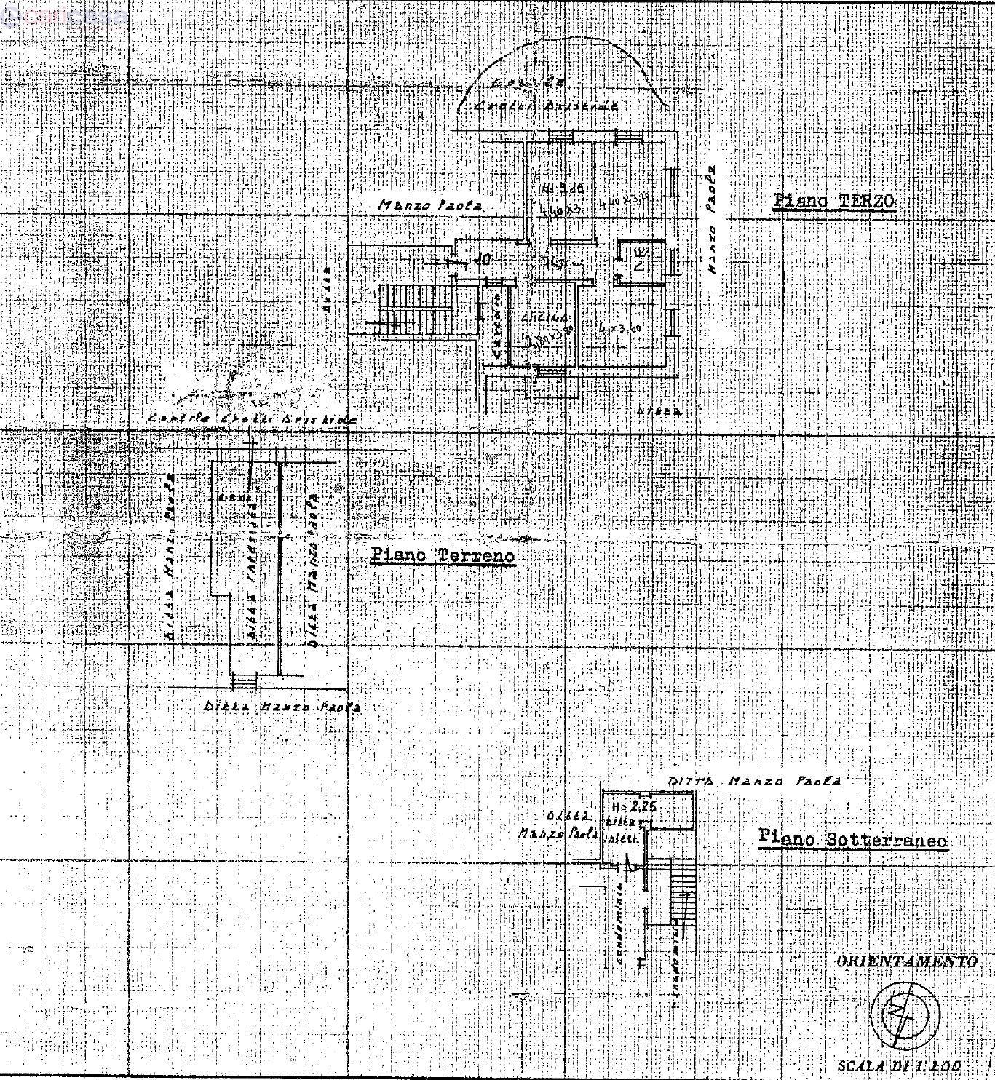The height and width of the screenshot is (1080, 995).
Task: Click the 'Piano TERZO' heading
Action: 833,202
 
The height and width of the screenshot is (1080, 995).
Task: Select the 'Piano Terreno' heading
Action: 443,556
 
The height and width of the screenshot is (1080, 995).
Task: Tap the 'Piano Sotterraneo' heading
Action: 852,838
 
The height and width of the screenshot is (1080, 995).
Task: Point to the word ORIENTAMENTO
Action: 906,961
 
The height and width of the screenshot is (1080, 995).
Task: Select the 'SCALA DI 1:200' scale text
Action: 899,1066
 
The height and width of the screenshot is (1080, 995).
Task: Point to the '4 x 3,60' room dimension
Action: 619,329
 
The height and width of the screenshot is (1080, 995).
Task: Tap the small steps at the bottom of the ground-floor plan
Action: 245,681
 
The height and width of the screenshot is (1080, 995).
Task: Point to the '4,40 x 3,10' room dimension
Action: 622,202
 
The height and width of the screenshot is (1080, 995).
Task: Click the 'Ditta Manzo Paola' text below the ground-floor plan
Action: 282,707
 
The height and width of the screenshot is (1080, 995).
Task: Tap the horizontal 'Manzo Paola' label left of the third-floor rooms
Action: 430,205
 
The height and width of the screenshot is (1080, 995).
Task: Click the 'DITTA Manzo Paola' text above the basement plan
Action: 754,781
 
